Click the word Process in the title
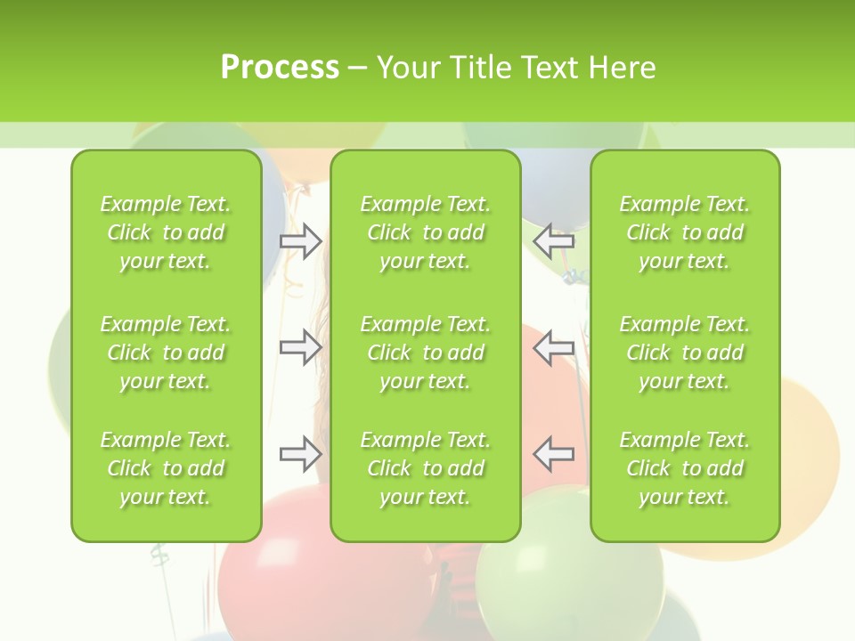(280, 68)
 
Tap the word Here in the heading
(622, 68)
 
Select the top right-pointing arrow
(300, 240)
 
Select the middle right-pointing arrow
(300, 347)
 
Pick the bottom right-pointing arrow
(300, 454)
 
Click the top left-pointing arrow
(554, 240)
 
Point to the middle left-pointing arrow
(554, 347)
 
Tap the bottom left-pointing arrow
(554, 454)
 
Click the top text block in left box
(166, 232)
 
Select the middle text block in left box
(166, 353)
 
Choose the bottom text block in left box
(166, 468)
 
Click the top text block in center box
(425, 232)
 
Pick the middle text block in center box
(425, 353)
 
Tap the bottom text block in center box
(425, 468)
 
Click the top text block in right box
(684, 232)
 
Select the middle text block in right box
(684, 353)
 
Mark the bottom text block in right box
(684, 468)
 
